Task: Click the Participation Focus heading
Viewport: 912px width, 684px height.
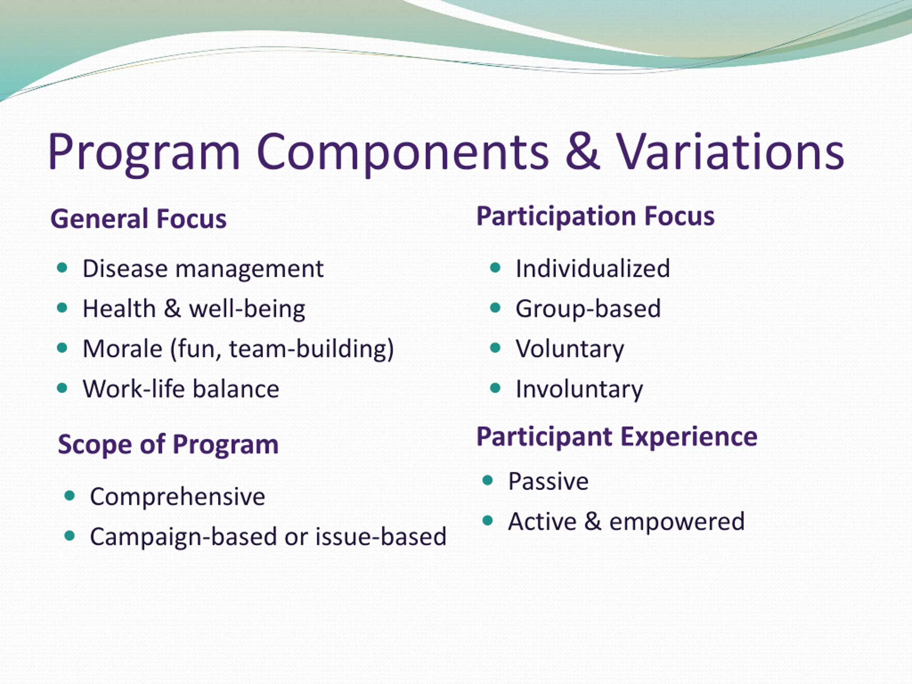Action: [595, 217]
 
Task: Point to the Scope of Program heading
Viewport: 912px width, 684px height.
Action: [168, 445]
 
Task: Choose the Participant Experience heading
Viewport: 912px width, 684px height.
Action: [617, 437]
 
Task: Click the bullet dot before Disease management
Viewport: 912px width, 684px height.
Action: [62, 268]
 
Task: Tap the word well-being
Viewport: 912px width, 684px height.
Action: [247, 309]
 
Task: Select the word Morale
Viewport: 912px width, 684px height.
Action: [123, 349]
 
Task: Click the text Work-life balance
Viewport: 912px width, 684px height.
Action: [181, 389]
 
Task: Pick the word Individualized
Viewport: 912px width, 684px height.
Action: [593, 268]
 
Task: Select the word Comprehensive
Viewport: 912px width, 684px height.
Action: [178, 496]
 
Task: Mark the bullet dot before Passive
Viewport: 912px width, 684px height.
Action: [488, 480]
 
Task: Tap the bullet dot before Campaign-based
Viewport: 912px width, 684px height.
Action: [70, 535]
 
